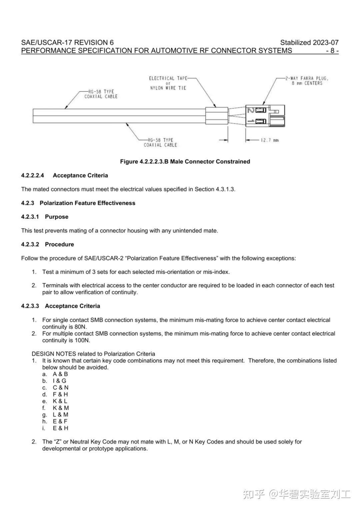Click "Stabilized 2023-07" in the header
[x=309, y=42]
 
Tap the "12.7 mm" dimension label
[x=270, y=140]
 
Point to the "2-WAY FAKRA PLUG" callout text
[x=307, y=79]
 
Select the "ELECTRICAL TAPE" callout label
[x=168, y=78]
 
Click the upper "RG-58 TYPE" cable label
[x=101, y=92]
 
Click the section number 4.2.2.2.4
[x=32, y=176]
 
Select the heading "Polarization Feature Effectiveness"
[x=87, y=203]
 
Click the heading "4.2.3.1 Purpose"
[x=45, y=217]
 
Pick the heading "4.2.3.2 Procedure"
[x=47, y=245]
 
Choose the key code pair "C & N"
[x=60, y=388]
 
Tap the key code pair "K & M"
[x=61, y=408]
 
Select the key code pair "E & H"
[x=60, y=428]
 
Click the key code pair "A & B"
[x=60, y=374]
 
